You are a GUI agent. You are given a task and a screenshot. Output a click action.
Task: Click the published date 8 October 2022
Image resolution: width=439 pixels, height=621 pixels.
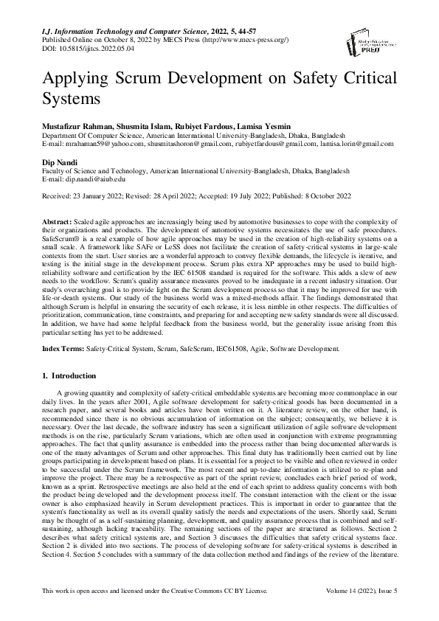(x=332, y=195)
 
